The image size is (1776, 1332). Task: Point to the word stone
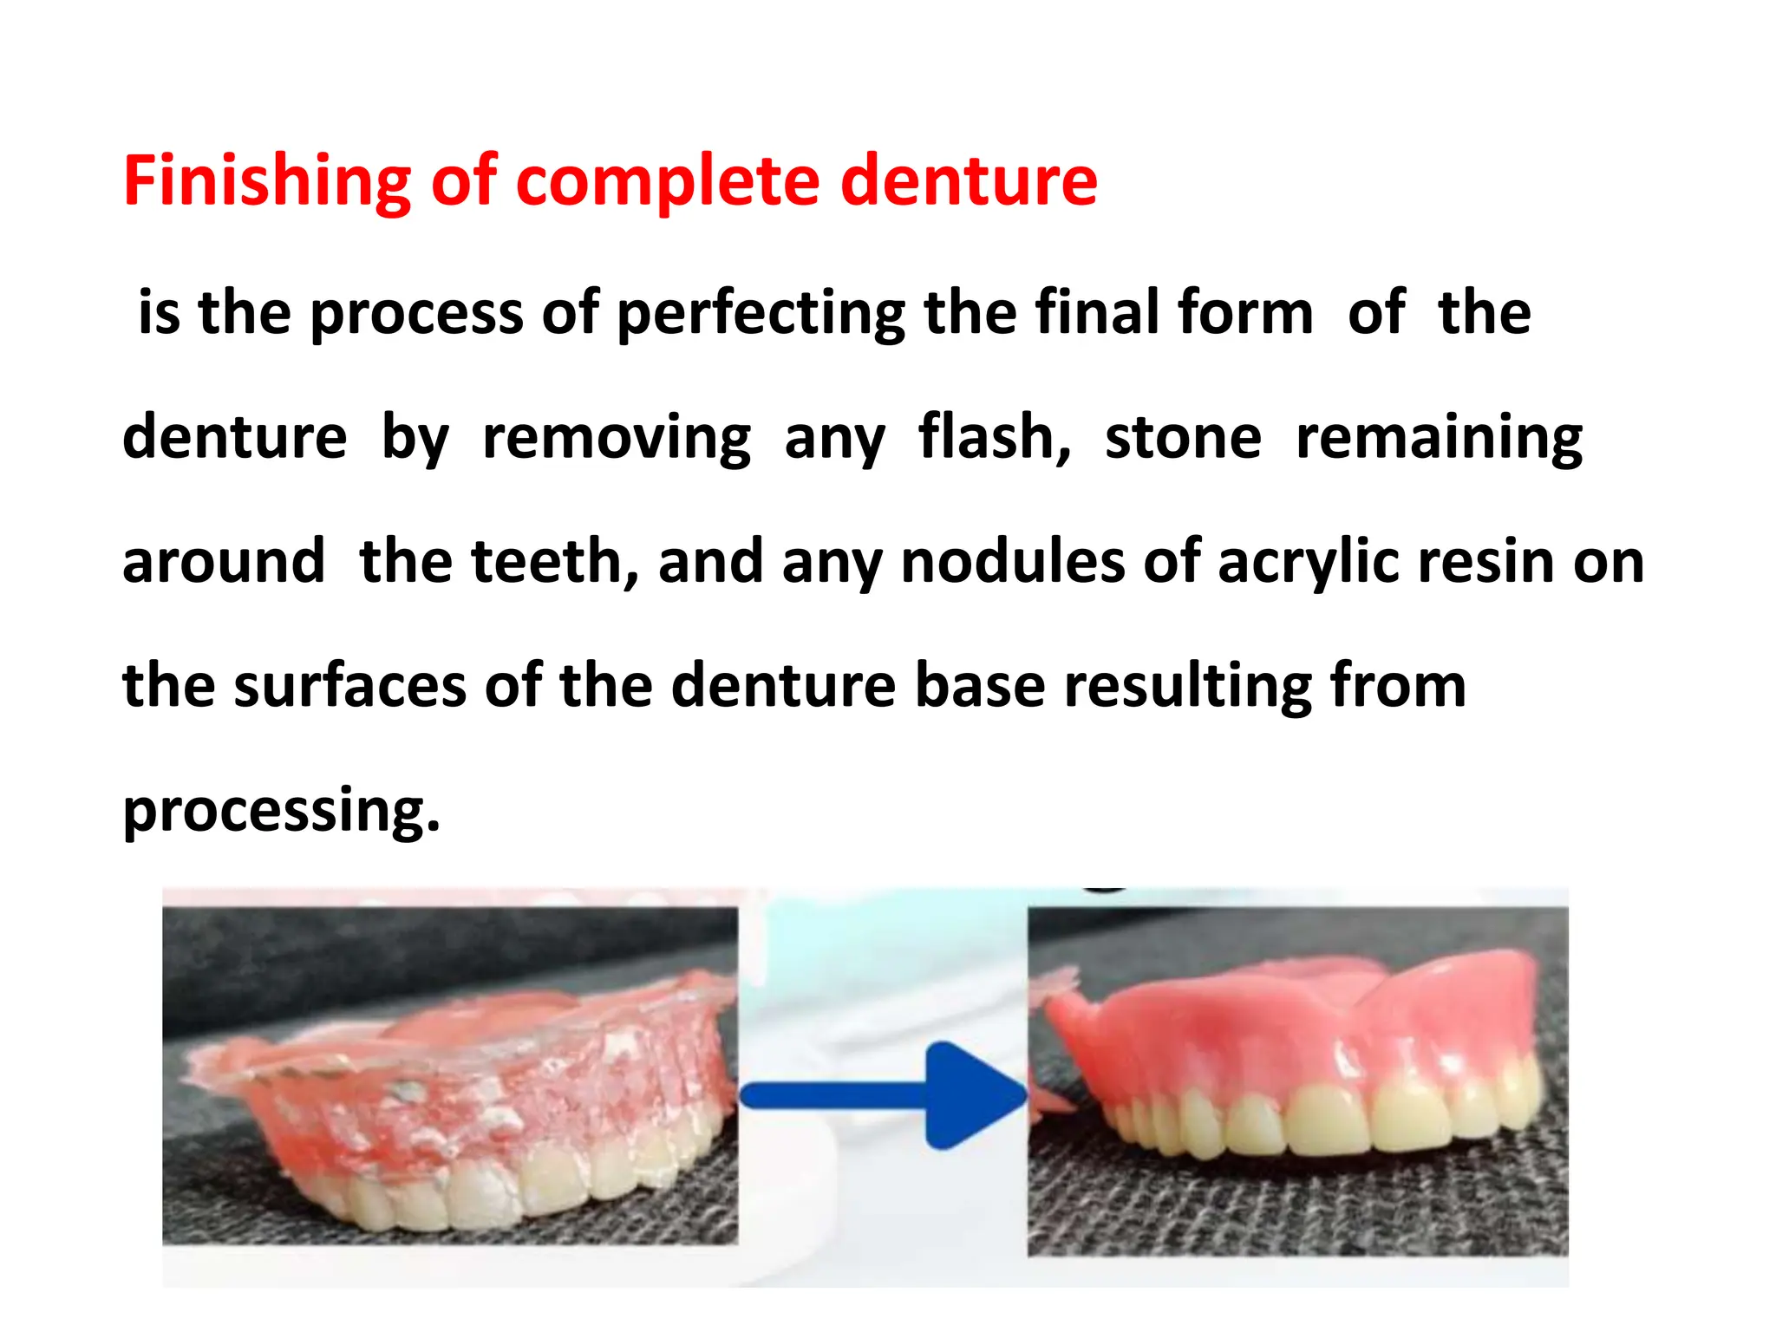pyautogui.click(x=1183, y=437)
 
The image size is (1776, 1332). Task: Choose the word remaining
pyautogui.click(x=1440, y=437)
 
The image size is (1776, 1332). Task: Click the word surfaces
pyautogui.click(x=350, y=686)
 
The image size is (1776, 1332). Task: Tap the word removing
pyautogui.click(x=617, y=437)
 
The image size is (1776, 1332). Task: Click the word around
pyautogui.click(x=224, y=561)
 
